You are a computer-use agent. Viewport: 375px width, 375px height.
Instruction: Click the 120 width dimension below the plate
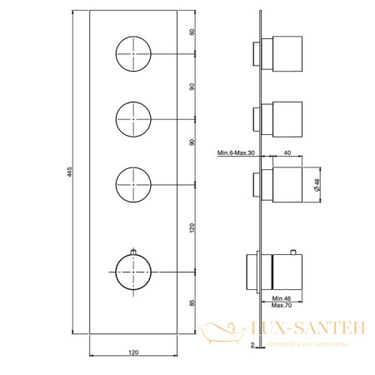pos(134,354)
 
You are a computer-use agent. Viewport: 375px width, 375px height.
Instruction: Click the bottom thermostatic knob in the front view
pos(134,272)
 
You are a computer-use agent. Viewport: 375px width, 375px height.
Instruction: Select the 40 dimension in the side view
pos(287,152)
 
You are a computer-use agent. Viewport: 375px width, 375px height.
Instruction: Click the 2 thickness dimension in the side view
pos(252,343)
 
